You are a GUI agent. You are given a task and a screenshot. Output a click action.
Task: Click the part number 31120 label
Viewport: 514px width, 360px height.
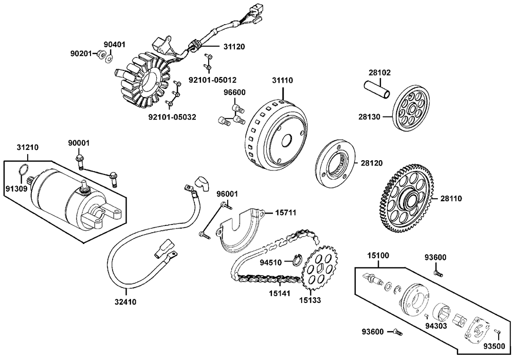point(234,46)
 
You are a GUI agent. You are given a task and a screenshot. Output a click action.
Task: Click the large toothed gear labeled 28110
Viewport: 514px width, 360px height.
point(409,198)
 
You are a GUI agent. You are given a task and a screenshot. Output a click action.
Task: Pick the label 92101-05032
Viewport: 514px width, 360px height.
point(172,117)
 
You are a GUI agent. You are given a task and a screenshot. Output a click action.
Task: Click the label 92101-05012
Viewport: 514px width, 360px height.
point(213,80)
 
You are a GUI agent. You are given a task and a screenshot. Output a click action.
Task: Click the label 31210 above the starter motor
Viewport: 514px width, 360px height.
point(27,147)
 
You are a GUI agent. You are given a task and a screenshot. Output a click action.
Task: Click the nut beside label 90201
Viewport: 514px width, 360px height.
point(102,54)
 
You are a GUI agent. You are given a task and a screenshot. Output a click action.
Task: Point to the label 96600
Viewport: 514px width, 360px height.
point(233,92)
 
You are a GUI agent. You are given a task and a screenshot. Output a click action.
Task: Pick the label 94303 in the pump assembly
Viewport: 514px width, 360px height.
point(436,325)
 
